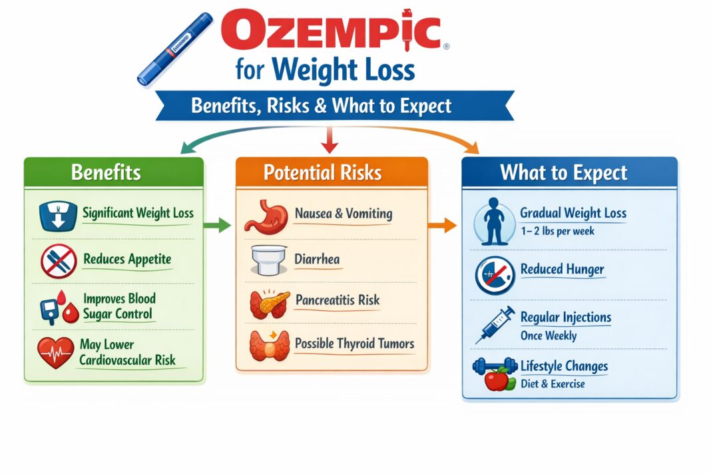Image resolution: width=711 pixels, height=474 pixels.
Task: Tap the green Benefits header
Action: pyautogui.click(x=106, y=172)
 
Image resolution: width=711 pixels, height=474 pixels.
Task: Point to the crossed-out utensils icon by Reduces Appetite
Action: pyautogui.click(x=58, y=260)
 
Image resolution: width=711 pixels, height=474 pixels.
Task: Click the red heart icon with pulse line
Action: pyautogui.click(x=55, y=353)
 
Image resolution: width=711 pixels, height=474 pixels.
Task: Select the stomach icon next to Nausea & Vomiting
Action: pyautogui.click(x=265, y=216)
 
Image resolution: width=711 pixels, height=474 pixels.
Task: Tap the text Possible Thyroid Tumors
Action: pyautogui.click(x=354, y=344)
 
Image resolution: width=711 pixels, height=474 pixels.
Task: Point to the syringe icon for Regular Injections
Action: pyautogui.click(x=495, y=324)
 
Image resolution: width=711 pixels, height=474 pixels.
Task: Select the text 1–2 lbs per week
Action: pyautogui.click(x=557, y=231)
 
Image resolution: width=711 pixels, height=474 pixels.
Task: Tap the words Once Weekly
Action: pyautogui.click(x=548, y=335)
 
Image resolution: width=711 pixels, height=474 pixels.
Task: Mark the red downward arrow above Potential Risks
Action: pyautogui.click(x=327, y=139)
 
